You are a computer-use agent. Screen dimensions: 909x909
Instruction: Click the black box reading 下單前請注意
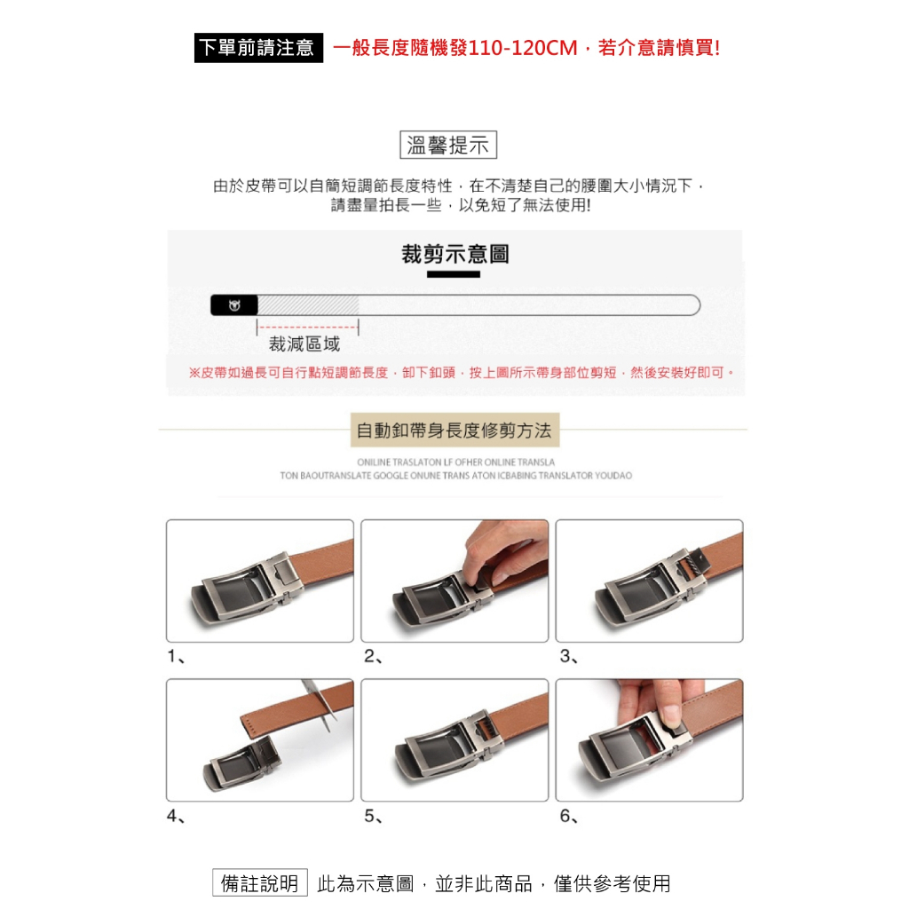(x=258, y=48)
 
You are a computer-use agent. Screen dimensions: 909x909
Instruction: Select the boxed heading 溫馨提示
(x=448, y=145)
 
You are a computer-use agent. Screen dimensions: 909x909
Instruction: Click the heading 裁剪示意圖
(x=455, y=254)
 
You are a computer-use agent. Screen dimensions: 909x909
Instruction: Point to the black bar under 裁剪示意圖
(x=454, y=274)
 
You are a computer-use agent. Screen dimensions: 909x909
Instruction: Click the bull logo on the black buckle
(x=234, y=305)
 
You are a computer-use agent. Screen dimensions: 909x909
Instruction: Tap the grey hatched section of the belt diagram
(x=308, y=305)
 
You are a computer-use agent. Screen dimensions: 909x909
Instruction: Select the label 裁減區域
(x=304, y=344)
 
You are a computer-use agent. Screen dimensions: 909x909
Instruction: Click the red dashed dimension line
(x=308, y=327)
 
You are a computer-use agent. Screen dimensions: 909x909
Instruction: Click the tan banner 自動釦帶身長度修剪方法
(x=455, y=431)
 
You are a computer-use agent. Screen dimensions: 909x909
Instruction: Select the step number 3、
(x=569, y=656)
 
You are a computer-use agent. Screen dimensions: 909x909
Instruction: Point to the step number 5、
(x=374, y=817)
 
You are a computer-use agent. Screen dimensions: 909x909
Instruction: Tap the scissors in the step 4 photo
(x=320, y=704)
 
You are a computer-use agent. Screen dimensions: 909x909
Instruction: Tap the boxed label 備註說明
(x=260, y=883)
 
